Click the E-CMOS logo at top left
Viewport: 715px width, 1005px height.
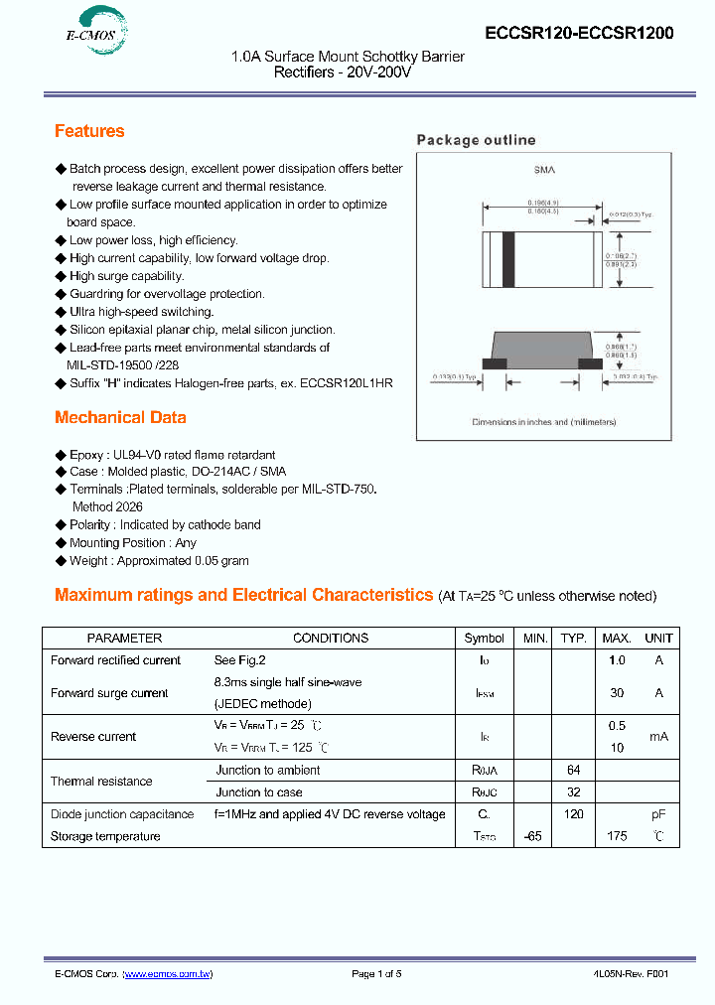pos(86,33)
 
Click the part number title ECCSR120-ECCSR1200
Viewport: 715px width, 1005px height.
pos(579,33)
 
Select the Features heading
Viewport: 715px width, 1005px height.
pos(89,131)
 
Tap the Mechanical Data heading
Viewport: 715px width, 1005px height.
pos(120,417)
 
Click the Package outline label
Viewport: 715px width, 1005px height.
pos(476,140)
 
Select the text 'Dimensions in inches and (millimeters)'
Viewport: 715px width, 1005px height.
pos(543,422)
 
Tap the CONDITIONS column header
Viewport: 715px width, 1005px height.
pos(331,639)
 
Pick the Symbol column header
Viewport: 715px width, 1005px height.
pos(485,639)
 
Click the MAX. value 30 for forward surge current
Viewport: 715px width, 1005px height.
pos(617,693)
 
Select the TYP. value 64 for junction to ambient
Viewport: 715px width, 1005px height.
pos(573,771)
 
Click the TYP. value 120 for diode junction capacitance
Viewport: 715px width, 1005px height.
pos(573,814)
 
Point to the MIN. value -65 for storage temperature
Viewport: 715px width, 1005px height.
pos(533,836)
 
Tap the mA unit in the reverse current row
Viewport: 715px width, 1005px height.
pos(658,737)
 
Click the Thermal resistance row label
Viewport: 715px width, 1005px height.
pos(101,782)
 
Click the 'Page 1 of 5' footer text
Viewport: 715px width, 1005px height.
pos(376,974)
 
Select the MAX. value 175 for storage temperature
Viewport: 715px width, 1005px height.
pos(617,836)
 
